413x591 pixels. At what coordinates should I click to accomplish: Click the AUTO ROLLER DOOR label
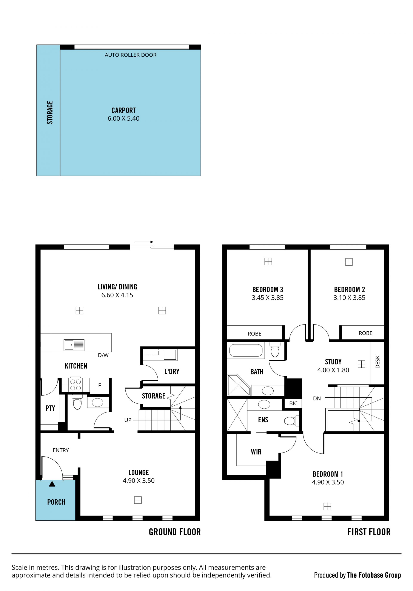(x=131, y=55)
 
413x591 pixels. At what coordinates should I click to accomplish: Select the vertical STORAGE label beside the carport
(x=50, y=112)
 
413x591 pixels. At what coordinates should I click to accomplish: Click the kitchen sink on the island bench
(x=74, y=345)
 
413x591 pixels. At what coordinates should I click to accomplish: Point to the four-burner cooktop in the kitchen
(x=76, y=385)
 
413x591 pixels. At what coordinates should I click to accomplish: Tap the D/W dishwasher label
(x=103, y=355)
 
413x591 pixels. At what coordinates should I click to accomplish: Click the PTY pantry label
(x=50, y=408)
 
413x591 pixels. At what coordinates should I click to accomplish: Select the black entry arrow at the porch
(x=52, y=484)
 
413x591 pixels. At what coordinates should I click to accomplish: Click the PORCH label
(x=56, y=502)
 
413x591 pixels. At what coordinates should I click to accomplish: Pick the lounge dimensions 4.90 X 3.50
(x=139, y=481)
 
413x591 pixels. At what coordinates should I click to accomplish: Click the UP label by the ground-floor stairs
(x=128, y=420)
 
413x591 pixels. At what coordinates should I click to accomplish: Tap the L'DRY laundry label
(x=172, y=371)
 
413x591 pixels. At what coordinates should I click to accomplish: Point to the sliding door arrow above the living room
(x=144, y=242)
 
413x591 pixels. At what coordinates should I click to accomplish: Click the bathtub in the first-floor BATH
(x=246, y=350)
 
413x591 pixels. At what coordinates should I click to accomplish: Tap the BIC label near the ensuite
(x=293, y=403)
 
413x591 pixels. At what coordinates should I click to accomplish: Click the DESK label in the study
(x=378, y=362)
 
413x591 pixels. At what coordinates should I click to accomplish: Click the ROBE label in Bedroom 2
(x=365, y=333)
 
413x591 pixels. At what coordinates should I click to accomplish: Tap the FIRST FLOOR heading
(x=369, y=532)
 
